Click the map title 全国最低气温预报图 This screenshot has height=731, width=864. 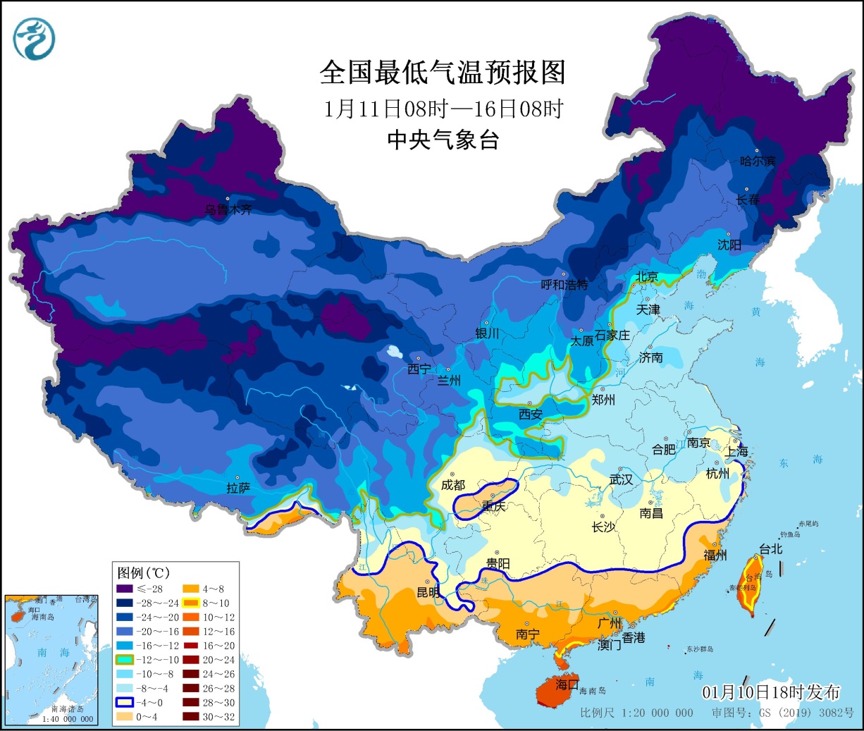tap(442, 73)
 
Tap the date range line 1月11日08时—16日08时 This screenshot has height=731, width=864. tap(443, 109)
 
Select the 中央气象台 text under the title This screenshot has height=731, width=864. tap(443, 140)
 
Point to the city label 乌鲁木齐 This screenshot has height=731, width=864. tap(228, 209)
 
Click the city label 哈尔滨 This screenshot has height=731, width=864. tap(757, 161)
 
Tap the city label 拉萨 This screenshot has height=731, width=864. tap(238, 488)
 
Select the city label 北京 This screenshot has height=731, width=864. tap(646, 276)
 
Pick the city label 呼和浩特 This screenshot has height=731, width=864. tap(564, 285)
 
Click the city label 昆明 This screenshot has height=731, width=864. tap(428, 592)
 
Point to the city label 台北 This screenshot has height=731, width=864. tap(770, 548)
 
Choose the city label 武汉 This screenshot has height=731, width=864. tap(621, 479)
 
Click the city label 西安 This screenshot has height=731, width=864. tap(530, 414)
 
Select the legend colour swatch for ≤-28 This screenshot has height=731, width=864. tap(125, 589)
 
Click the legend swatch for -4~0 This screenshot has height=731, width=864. tap(125, 703)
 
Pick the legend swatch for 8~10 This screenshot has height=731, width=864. tap(191, 603)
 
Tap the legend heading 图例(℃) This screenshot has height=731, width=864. tap(143, 572)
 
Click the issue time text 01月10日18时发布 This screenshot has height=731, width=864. tap(770, 692)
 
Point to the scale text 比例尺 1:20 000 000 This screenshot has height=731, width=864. tap(636, 713)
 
